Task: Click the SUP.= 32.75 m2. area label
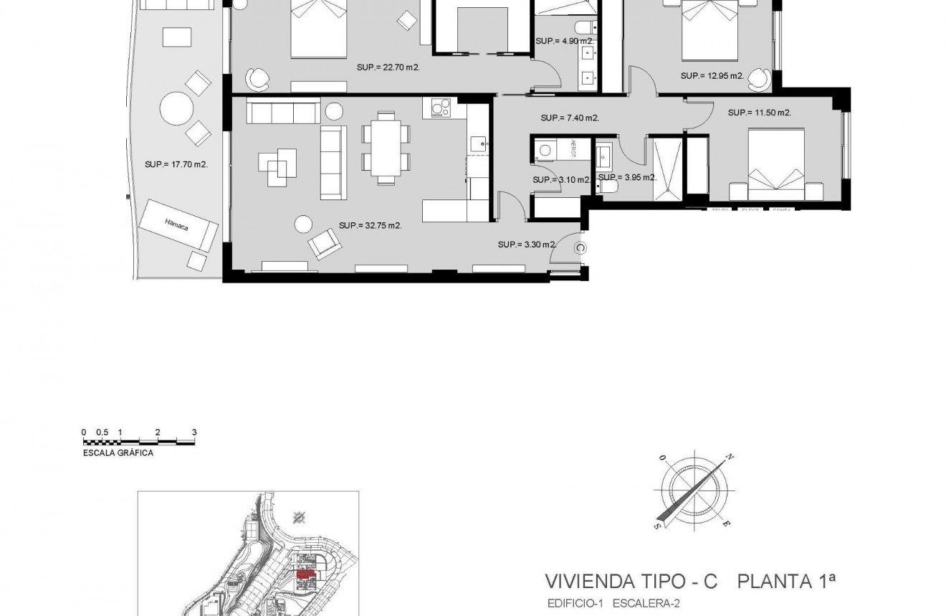370,225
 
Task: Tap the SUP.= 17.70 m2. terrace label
176,164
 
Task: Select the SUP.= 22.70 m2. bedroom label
388,67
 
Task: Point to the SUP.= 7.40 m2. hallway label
570,118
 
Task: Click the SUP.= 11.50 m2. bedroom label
759,113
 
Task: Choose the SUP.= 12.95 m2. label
712,75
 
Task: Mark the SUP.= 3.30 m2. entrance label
527,245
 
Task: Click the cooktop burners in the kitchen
440,108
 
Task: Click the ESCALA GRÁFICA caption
118,453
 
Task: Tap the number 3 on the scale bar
194,432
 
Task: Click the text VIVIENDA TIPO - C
631,581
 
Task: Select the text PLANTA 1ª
787,581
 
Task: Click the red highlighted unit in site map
307,574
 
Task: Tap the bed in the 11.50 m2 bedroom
776,165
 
